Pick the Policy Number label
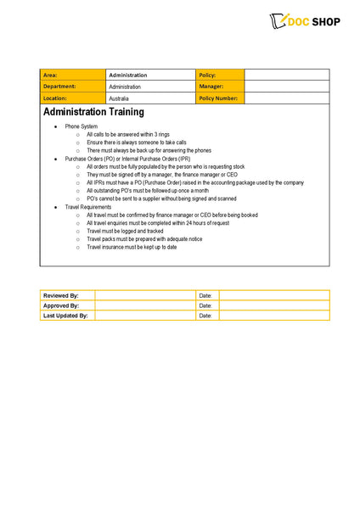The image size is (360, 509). pos(219,98)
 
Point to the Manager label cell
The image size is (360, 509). pos(219,87)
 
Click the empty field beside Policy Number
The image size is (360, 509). pos(286,98)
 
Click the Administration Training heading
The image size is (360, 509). pos(93,112)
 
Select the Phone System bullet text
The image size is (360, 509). pos(82,126)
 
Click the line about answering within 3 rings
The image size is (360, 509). pos(129,134)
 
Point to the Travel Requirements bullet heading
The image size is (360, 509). pos(88,207)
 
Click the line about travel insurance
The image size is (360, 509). pos(132,247)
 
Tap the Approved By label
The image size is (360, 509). pos(61,305)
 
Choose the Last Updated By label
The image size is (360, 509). pos(65,316)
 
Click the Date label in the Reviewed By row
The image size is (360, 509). pos(205,295)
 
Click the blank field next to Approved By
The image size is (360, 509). pos(145,305)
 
